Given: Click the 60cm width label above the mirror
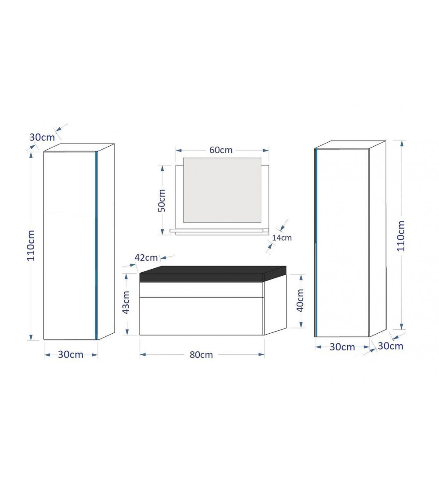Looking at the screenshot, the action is tap(221, 150).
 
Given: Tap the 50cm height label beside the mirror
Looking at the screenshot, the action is tap(162, 200).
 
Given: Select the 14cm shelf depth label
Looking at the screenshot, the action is tap(282, 238).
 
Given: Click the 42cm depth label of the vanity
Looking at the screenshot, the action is tap(146, 257).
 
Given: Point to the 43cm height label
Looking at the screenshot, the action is tap(126, 302).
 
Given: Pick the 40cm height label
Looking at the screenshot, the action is tap(300, 300).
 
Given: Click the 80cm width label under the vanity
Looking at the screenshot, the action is tap(201, 355).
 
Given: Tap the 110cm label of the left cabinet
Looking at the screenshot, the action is tap(31, 245).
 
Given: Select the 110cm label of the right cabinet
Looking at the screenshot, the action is tap(400, 236).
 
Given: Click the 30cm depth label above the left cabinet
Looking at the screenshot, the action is tap(42, 137).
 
